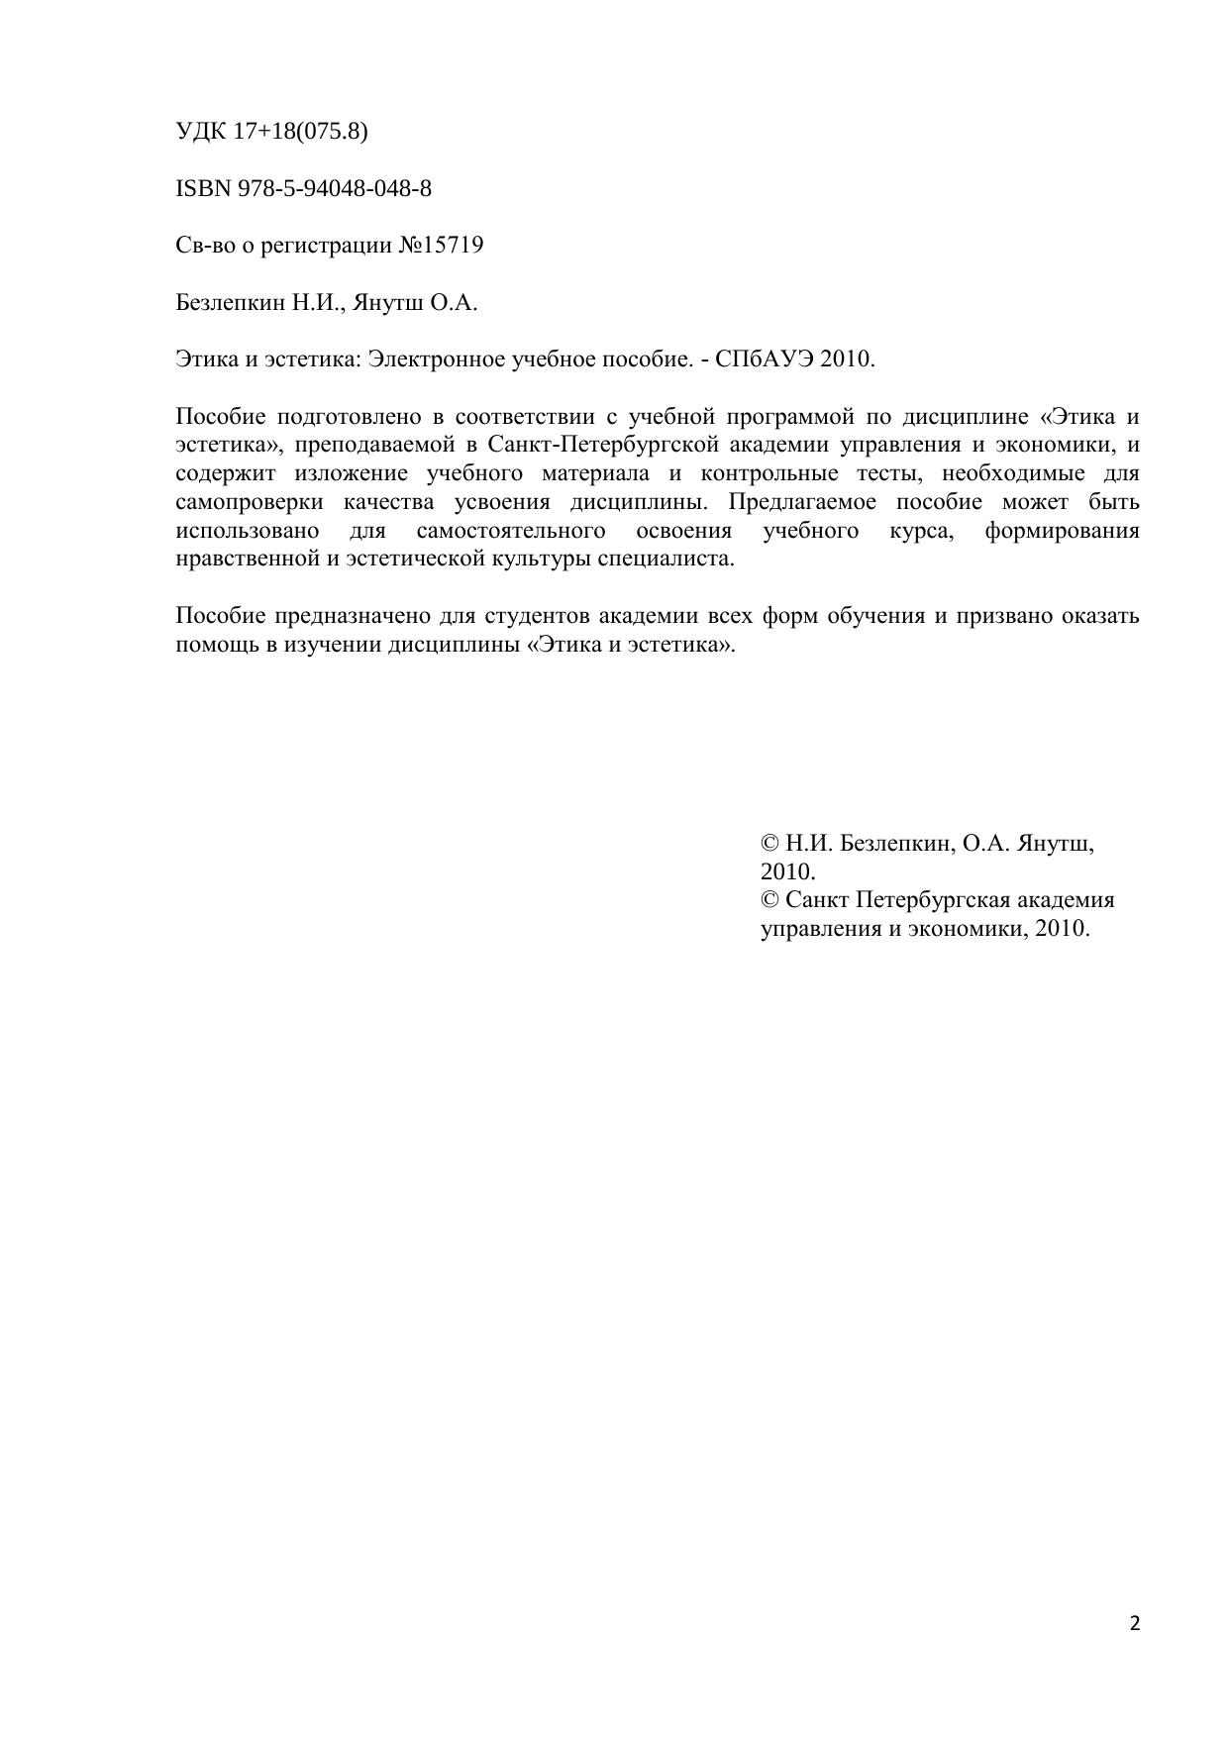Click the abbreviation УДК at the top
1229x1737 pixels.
[x=201, y=131]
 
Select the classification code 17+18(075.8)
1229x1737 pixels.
[x=300, y=131]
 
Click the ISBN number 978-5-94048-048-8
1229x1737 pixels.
[x=334, y=188]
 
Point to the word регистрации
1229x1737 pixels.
[x=326, y=246]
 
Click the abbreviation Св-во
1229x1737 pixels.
[x=206, y=246]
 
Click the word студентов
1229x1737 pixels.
[x=537, y=616]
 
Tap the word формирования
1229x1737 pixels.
[x=1062, y=530]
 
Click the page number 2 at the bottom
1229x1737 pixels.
[x=1135, y=1623]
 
